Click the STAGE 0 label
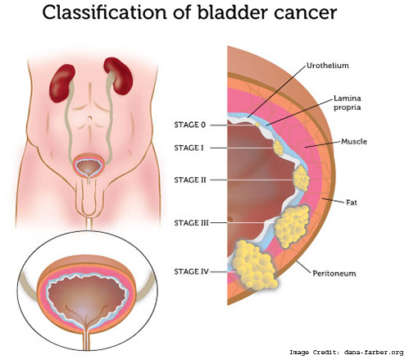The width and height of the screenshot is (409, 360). click(x=189, y=125)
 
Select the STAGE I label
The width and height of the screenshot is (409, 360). click(x=189, y=148)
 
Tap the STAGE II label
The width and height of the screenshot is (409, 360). click(x=190, y=180)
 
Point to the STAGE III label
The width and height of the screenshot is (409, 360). click(x=191, y=223)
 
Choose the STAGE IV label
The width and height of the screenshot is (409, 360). click(x=191, y=271)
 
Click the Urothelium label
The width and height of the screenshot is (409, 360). click(x=328, y=66)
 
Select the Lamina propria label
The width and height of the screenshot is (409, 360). click(x=347, y=103)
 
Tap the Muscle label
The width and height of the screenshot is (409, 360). click(x=354, y=141)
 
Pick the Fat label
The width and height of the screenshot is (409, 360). click(x=352, y=203)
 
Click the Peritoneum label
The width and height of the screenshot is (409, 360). click(x=334, y=273)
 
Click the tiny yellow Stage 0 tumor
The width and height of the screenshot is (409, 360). click(x=257, y=125)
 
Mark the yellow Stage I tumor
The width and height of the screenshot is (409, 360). click(x=278, y=148)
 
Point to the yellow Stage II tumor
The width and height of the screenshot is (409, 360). click(x=301, y=178)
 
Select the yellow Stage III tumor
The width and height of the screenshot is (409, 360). click(x=292, y=226)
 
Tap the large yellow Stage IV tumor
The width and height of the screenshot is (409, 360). click(x=254, y=265)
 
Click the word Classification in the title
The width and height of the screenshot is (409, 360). click(x=104, y=12)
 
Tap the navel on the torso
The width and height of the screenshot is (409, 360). click(x=89, y=119)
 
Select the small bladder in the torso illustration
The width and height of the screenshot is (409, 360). click(x=89, y=166)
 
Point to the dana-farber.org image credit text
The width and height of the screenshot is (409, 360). click(x=374, y=353)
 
